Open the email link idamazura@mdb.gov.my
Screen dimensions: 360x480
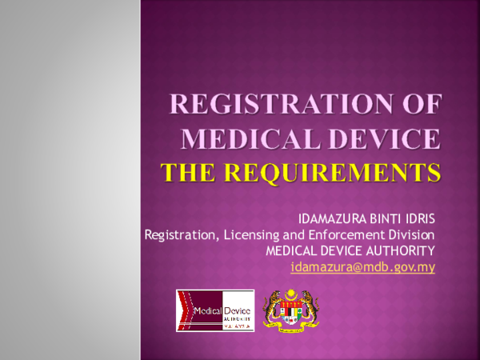point(362,267)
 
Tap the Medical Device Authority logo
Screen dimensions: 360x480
point(215,310)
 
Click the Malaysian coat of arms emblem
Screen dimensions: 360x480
point(290,310)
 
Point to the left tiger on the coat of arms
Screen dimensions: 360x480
point(271,310)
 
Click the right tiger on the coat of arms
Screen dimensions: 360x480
point(310,310)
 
